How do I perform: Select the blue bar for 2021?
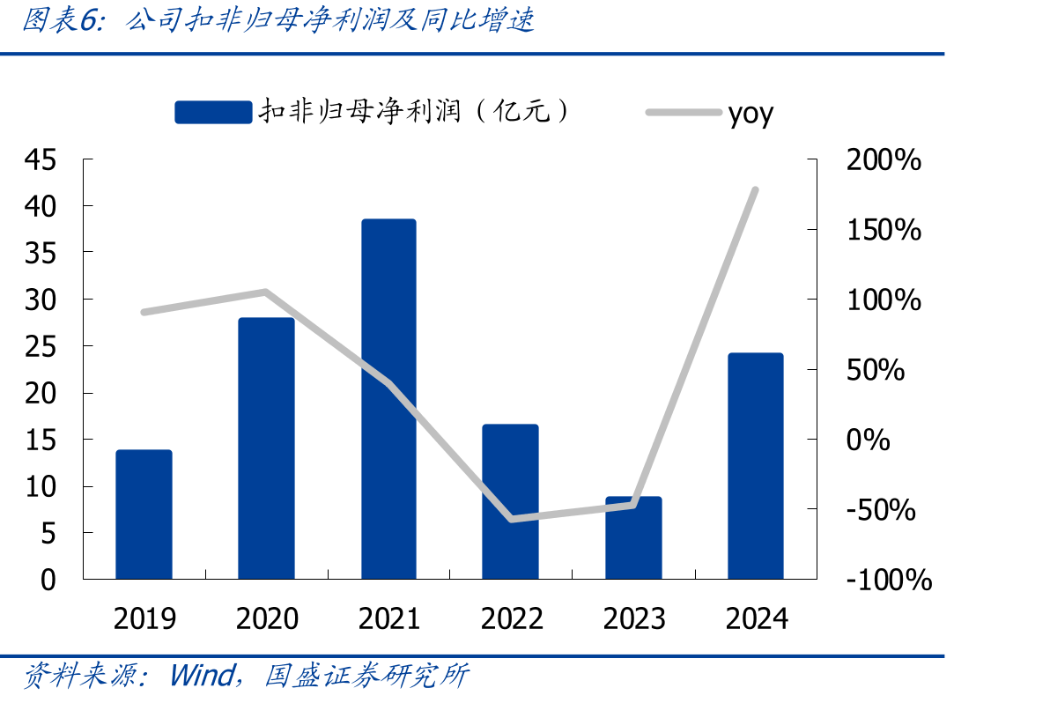pos(389,399)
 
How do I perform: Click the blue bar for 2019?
pos(144,514)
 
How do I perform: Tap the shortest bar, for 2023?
pos(633,537)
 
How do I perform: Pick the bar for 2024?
pos(756,466)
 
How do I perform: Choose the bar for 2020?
pos(267,448)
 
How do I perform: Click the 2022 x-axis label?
pos(512,618)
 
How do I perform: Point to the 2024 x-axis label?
pos(757,618)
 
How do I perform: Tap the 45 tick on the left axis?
pos(41,160)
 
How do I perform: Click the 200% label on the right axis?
pos(884,160)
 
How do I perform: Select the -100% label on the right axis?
pos(890,580)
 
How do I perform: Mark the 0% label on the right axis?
pos(868,440)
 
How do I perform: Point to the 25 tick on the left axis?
pos(41,347)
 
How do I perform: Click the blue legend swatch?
pos(214,113)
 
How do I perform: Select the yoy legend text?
pos(751,115)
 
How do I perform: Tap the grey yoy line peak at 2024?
pos(756,190)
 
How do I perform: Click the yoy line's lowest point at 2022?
pos(512,519)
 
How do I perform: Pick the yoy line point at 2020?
pos(266,292)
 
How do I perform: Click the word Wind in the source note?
pos(203,675)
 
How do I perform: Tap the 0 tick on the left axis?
pos(48,580)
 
